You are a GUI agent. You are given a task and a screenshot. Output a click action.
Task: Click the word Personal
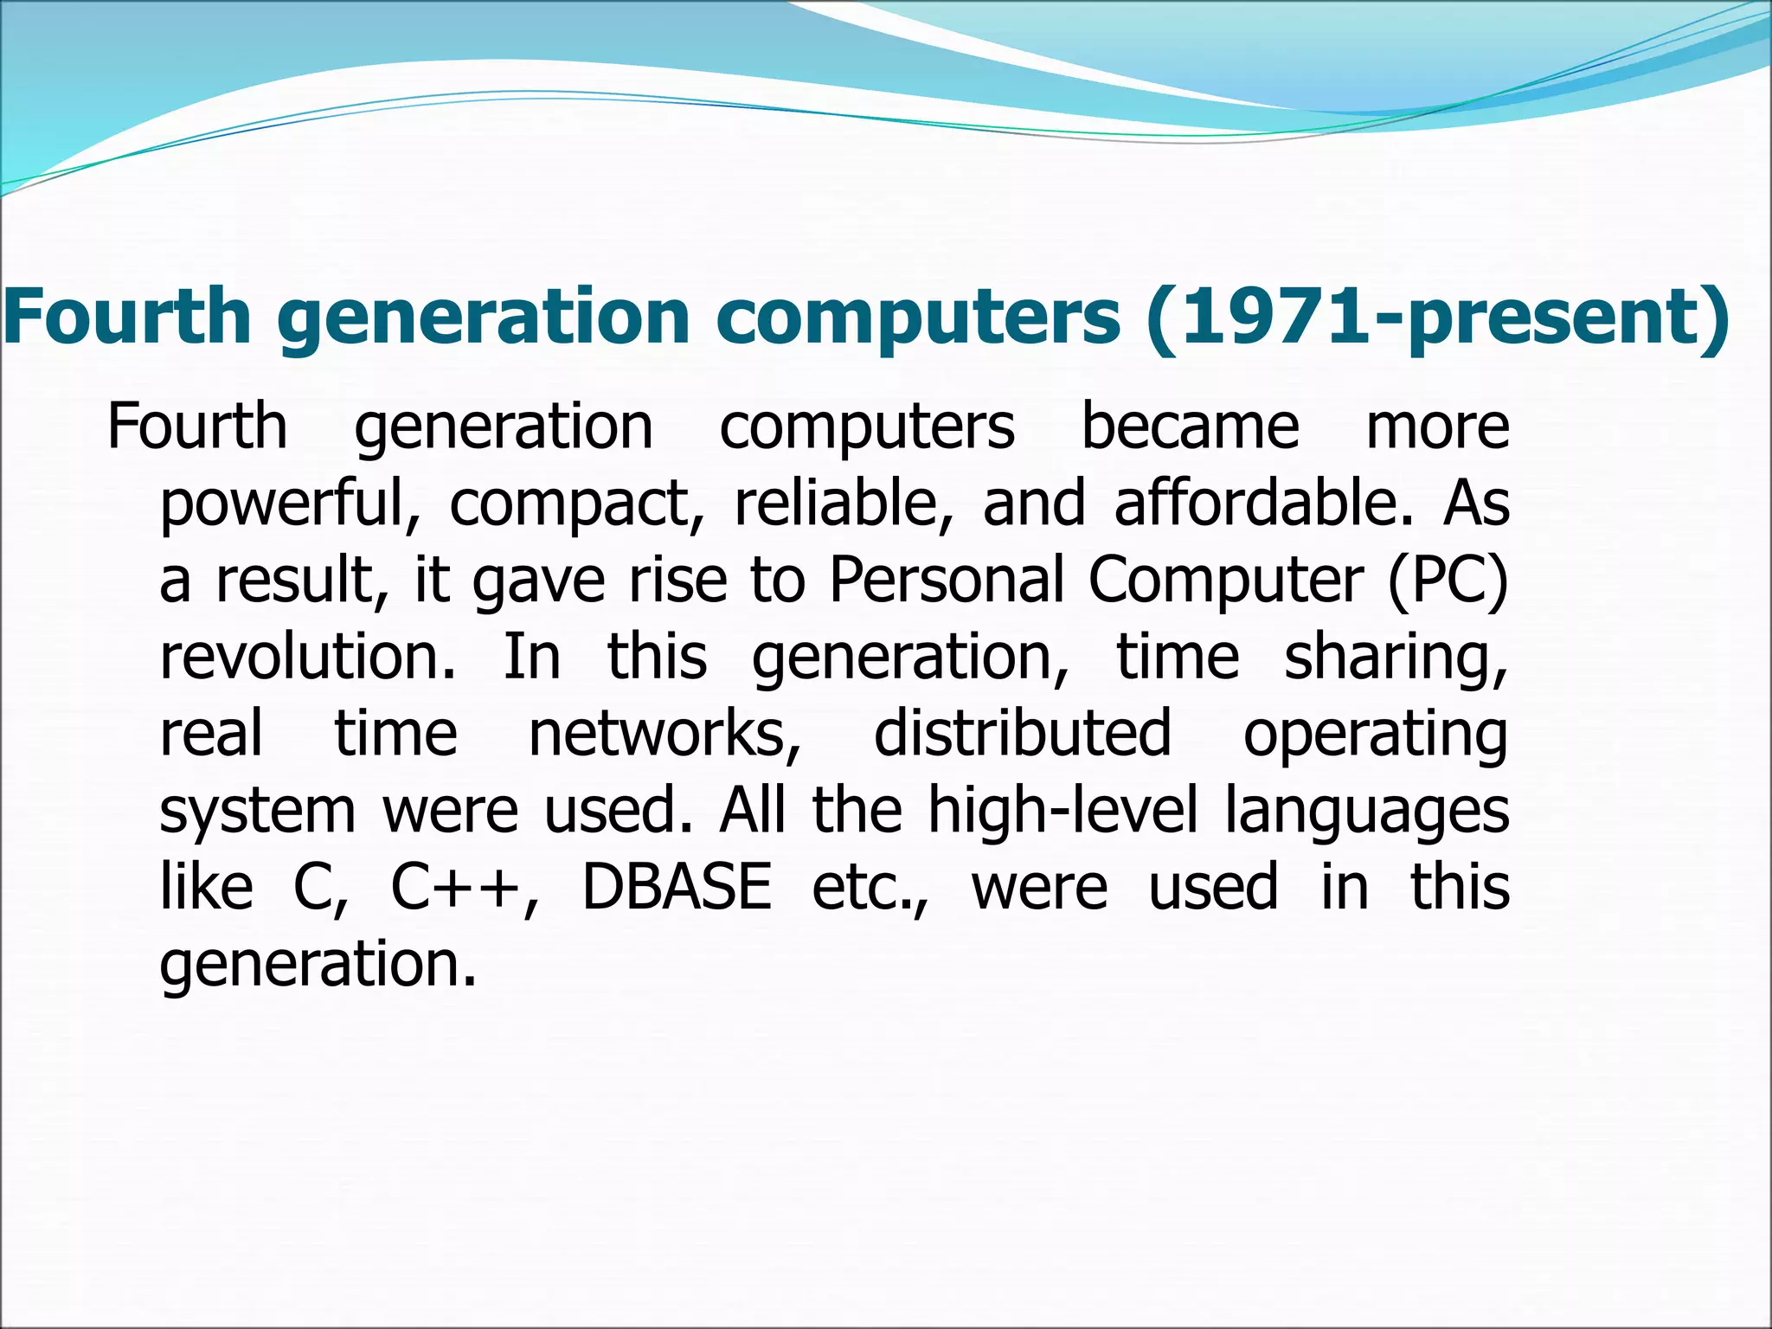[x=947, y=580]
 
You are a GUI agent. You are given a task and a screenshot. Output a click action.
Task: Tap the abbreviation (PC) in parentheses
[x=1448, y=581]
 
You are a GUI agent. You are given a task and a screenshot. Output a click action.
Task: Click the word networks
[x=664, y=734]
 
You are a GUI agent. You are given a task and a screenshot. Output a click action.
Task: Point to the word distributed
[x=1023, y=732]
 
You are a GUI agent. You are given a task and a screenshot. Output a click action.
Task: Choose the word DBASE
[x=677, y=888]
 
